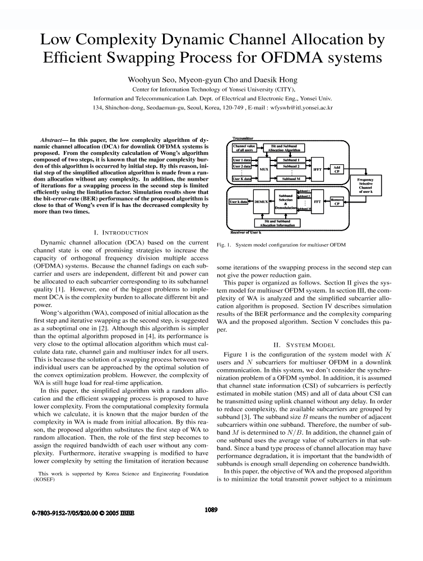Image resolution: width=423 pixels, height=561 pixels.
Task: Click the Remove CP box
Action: (x=337, y=201)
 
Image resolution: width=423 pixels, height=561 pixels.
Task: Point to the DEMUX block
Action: (x=262, y=201)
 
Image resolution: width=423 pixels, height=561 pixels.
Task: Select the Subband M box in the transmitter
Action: (x=291, y=178)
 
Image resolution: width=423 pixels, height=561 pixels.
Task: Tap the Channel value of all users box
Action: (x=244, y=148)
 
